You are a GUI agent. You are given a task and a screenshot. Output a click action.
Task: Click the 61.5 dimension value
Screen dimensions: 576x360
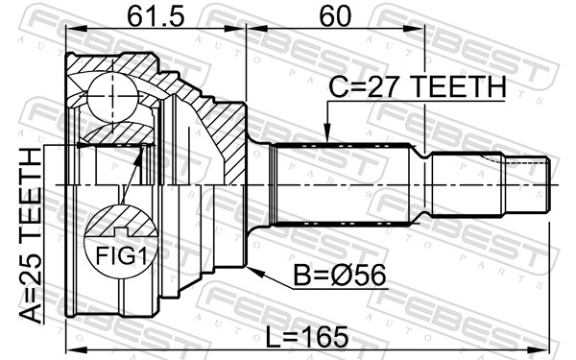pos(156,16)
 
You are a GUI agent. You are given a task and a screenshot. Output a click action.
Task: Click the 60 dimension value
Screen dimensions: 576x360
pos(335,16)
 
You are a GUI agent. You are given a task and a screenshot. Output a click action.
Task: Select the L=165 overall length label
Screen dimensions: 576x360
pos(307,337)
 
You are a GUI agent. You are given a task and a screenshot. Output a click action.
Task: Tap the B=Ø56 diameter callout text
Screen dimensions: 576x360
pos(340,275)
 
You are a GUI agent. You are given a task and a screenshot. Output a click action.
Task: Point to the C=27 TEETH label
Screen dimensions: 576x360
pos(418,86)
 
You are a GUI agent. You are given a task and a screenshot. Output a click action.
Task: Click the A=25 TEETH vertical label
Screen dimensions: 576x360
pos(31,235)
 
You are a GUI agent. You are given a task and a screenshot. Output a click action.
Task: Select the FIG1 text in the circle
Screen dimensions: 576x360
pos(121,255)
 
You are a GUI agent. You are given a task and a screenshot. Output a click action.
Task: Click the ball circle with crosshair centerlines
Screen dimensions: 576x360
pos(112,96)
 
